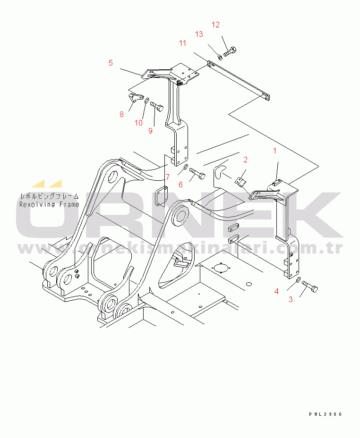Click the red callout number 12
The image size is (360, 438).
pyautogui.click(x=215, y=25)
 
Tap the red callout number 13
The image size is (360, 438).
pyautogui.click(x=199, y=34)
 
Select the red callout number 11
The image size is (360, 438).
pyautogui.click(x=182, y=43)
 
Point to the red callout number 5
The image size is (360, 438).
pyautogui.click(x=111, y=63)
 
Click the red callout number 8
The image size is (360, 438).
pyautogui.click(x=121, y=114)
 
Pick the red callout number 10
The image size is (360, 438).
pyautogui.click(x=138, y=123)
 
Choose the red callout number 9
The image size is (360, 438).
pyautogui.click(x=150, y=131)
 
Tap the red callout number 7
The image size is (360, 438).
pyautogui.click(x=168, y=177)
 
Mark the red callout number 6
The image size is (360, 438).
pyautogui.click(x=180, y=185)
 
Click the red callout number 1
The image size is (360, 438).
pyautogui.click(x=275, y=151)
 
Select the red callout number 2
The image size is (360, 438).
pyautogui.click(x=245, y=160)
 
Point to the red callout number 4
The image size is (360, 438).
pyautogui.click(x=276, y=291)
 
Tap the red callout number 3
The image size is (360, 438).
pyautogui.click(x=291, y=299)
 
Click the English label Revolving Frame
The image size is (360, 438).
pyautogui.click(x=49, y=204)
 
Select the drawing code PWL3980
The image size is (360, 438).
pyautogui.click(x=326, y=414)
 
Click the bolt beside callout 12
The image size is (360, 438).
pyautogui.click(x=230, y=51)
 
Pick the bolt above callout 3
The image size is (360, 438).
pyautogui.click(x=310, y=286)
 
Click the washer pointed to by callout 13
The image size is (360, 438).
pyautogui.click(x=220, y=57)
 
